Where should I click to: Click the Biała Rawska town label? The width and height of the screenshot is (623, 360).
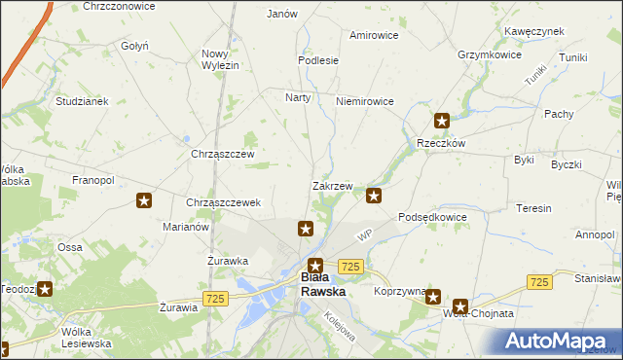(x=317, y=283)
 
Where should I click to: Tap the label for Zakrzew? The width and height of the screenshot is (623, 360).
(x=332, y=186)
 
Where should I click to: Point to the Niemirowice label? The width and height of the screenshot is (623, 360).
(x=363, y=101)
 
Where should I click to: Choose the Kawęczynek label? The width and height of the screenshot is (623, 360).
(x=534, y=31)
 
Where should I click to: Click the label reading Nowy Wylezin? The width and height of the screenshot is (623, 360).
(x=220, y=59)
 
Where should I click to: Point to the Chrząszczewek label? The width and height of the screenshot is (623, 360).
(x=223, y=202)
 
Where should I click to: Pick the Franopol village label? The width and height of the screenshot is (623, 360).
(x=93, y=180)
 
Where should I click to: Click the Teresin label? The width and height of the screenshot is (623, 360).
(x=534, y=208)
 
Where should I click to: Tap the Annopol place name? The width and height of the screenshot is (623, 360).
(x=594, y=234)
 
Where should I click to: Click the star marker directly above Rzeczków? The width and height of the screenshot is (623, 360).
(x=442, y=122)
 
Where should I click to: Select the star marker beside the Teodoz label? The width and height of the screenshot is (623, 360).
(x=45, y=288)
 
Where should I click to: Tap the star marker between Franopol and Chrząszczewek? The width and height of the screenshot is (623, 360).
(x=144, y=201)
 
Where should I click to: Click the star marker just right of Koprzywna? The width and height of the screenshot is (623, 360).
(x=433, y=299)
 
